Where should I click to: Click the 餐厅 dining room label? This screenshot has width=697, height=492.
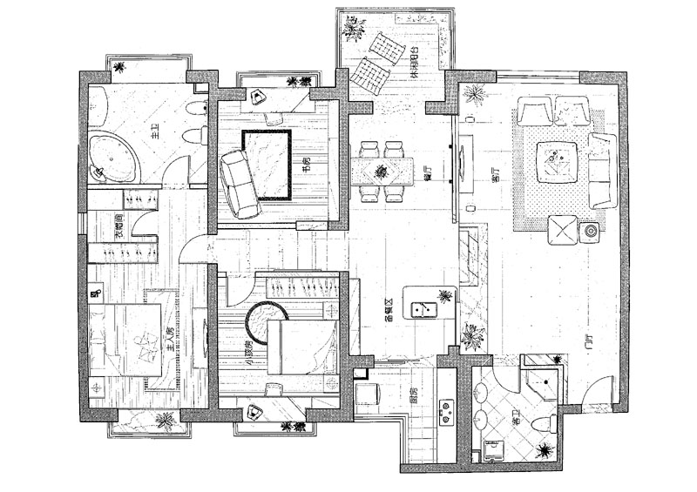[x=430, y=172]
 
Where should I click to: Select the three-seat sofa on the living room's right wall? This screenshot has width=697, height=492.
[x=600, y=170]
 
